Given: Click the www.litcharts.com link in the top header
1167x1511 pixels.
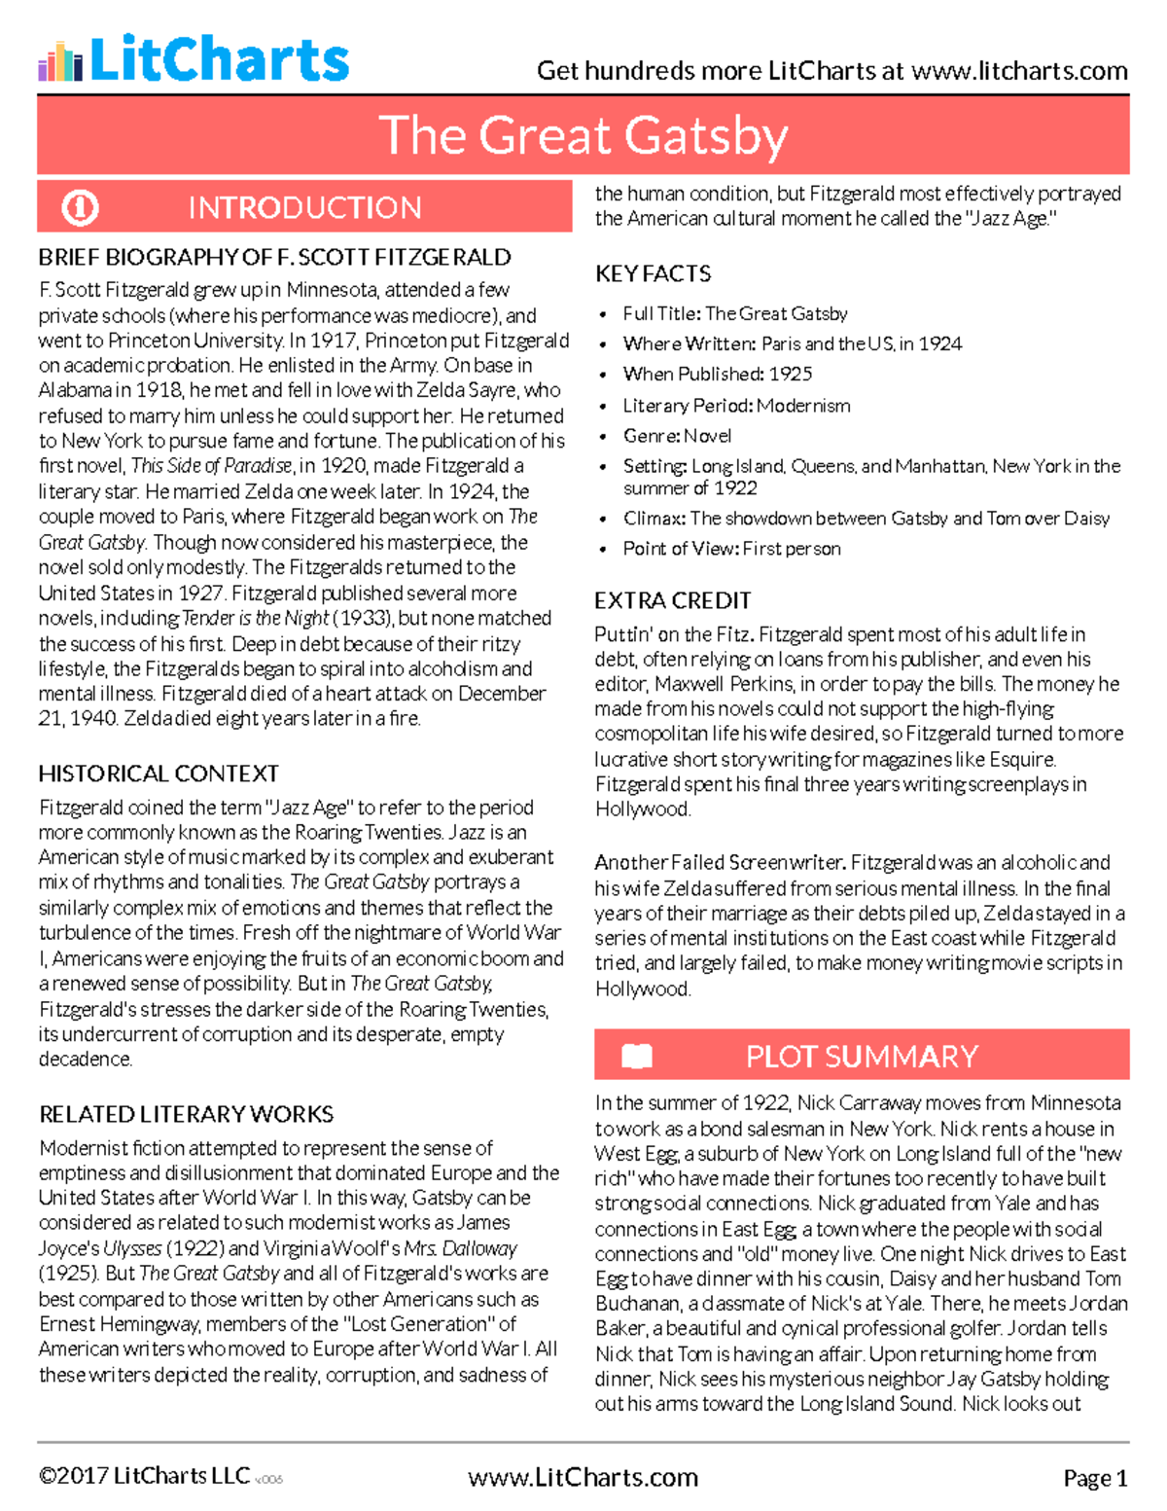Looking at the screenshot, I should [x=1019, y=71].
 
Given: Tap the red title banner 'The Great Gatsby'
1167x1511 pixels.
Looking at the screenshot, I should [x=583, y=135].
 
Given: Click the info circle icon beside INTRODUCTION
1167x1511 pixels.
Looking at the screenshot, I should [x=80, y=207].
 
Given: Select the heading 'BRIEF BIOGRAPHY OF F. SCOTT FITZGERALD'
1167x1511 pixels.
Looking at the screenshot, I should [x=274, y=258].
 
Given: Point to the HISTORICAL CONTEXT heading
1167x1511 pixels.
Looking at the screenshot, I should [x=159, y=773].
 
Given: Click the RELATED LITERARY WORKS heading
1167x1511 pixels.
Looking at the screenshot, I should [x=186, y=1114].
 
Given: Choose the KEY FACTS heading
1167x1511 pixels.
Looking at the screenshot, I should [x=653, y=274].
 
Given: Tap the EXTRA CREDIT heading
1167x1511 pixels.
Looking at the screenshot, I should [x=672, y=600].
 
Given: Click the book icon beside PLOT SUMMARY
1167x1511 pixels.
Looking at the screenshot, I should [x=637, y=1056].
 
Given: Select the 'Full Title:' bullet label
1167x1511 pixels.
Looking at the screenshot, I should [x=661, y=313].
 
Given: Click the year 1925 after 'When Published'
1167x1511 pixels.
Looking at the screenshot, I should [x=790, y=374].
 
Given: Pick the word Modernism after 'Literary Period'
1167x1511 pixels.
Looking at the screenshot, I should [x=803, y=406].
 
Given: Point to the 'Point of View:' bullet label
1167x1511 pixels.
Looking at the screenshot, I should [x=680, y=549].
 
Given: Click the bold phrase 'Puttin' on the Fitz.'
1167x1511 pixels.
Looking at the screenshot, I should [x=673, y=634].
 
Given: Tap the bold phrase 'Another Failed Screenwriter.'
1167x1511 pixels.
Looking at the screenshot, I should [x=720, y=862].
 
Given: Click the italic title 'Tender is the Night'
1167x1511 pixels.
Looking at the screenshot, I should [x=255, y=619].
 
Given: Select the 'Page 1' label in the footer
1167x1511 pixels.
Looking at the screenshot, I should [x=1095, y=1479].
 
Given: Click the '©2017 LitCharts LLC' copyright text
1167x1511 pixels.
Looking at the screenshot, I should [x=144, y=1476].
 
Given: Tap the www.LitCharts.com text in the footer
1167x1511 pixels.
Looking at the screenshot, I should [x=583, y=1478].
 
